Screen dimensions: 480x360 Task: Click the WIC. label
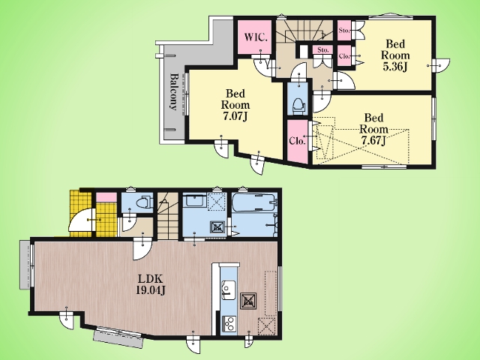point(256,37)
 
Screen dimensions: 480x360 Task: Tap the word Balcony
point(173,91)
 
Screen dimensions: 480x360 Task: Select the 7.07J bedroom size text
point(235,116)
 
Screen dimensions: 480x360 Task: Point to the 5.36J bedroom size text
point(395,67)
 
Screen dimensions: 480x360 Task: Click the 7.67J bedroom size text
point(373,140)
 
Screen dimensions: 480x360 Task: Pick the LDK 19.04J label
point(151,285)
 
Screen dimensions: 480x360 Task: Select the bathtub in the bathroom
point(254,202)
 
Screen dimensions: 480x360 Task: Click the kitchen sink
point(228,289)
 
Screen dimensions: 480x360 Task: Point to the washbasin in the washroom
point(195,201)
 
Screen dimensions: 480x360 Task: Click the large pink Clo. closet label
point(297,141)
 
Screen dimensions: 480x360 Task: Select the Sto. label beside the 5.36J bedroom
point(344,30)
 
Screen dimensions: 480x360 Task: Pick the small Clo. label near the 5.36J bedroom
point(344,56)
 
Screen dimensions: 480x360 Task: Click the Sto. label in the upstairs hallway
point(323,50)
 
